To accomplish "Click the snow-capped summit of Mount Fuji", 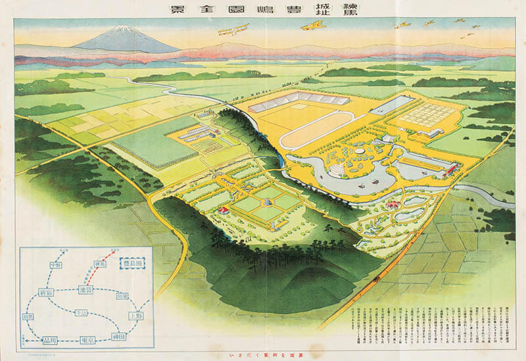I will tap(121, 30).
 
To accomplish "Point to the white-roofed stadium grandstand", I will tap(299, 100).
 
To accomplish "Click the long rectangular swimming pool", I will tap(395, 105).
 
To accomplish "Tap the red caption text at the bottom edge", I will tap(263, 355).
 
